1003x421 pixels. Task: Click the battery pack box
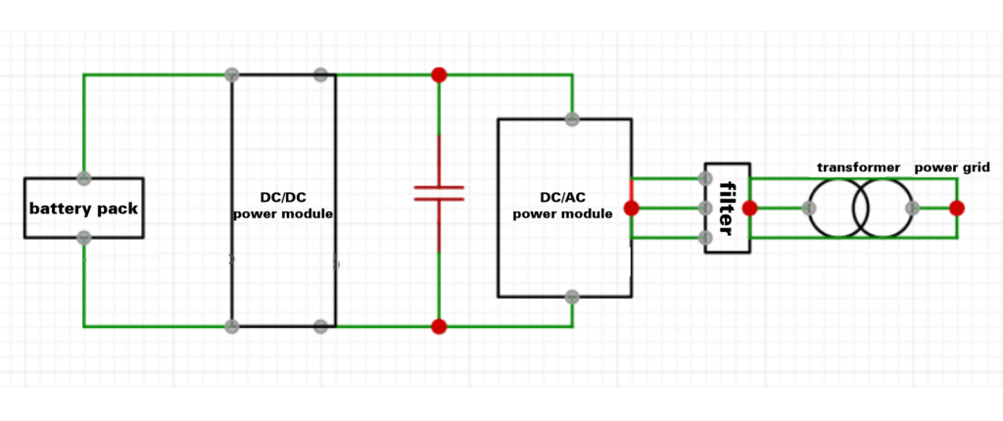tap(83, 208)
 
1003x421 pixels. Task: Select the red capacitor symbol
tap(438, 191)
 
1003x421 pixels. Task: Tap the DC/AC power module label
tap(563, 205)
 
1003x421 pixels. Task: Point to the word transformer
tap(858, 167)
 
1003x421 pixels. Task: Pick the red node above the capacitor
tap(439, 74)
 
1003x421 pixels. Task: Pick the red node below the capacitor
tap(439, 326)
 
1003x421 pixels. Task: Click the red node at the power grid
tap(956, 208)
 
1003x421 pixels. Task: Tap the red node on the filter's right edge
tap(749, 208)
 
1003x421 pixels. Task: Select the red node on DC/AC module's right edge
tap(631, 208)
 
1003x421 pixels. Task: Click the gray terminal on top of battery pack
tap(84, 178)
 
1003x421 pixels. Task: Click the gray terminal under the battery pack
tap(84, 237)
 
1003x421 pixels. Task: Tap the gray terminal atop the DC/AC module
tap(572, 119)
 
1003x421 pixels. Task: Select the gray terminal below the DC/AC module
tap(572, 296)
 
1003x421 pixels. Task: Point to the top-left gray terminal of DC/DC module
tap(232, 74)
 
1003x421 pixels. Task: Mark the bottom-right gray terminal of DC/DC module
tap(320, 326)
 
